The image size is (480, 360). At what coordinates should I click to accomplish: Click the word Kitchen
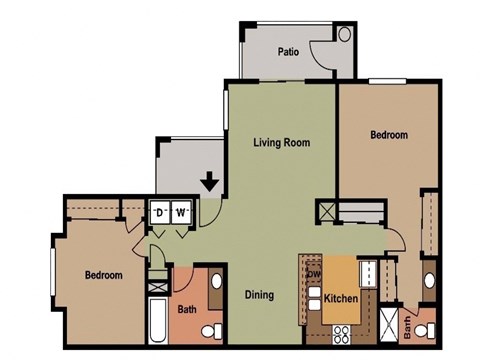pos(342,300)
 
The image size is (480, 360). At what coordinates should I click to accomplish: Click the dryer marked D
pos(160,213)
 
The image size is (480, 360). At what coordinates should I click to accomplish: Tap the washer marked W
pos(181,213)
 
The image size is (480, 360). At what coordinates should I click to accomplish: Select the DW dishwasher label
pos(312,275)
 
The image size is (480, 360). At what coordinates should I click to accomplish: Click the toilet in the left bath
pos(210,330)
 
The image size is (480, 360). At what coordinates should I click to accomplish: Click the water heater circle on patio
pos(345,34)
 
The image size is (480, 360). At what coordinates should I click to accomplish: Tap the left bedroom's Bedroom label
pos(103,275)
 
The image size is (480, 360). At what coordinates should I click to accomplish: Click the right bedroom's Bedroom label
pos(389,135)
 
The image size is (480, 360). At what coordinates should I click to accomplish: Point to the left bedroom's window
pos(53,270)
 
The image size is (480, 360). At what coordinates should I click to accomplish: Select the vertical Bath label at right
pos(408,326)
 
